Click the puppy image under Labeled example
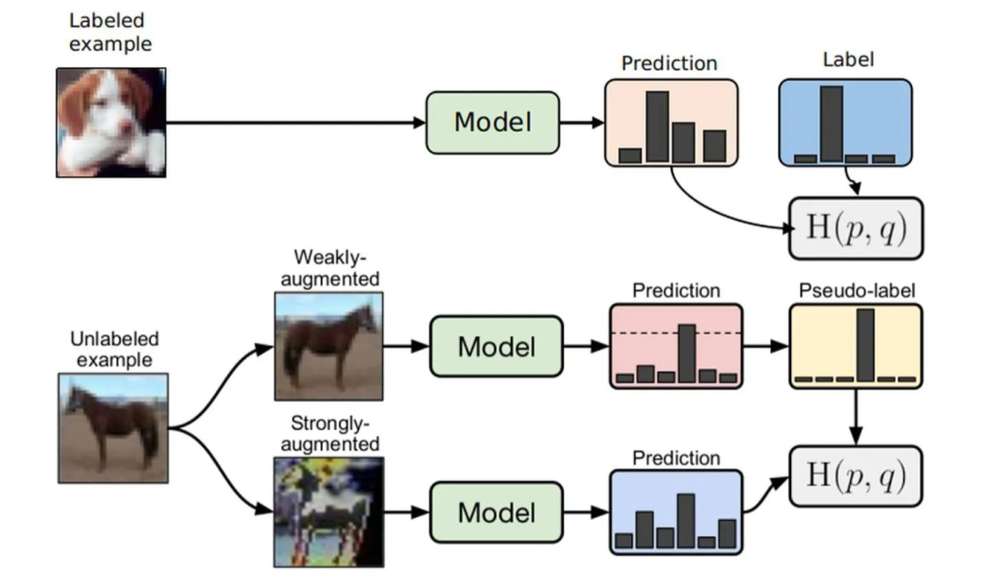[111, 121]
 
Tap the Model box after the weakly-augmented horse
[496, 346]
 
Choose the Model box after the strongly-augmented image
[496, 512]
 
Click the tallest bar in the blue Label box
[829, 124]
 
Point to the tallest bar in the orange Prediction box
[656, 126]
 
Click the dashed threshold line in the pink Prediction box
[636, 334]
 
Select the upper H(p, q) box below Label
[856, 228]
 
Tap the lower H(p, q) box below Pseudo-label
[856, 477]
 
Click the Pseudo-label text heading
[856, 290]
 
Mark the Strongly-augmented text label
[329, 434]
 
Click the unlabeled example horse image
[111, 429]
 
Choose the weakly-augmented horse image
[329, 346]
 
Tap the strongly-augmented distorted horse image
[329, 512]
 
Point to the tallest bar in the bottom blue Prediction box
[686, 522]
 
